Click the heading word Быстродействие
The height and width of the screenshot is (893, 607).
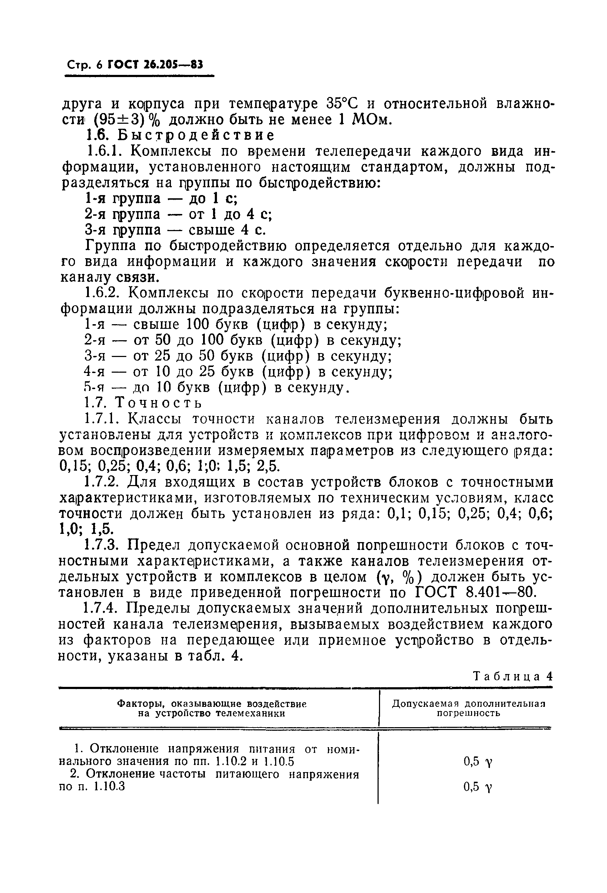(196, 136)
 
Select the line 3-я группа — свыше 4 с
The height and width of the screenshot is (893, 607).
(175, 230)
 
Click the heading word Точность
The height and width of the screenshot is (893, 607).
(158, 403)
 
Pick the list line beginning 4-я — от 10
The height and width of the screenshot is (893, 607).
(238, 372)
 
